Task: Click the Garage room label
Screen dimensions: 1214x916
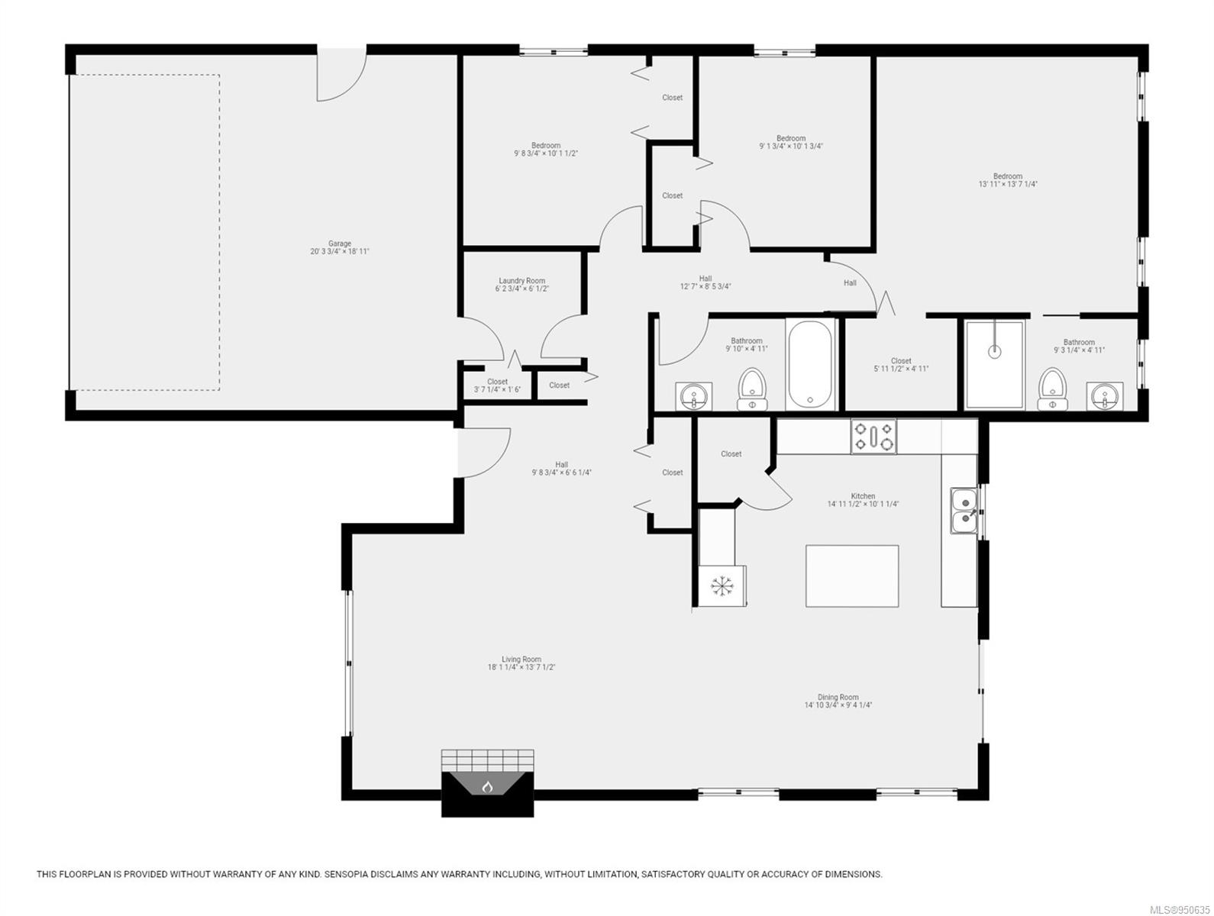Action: coord(339,244)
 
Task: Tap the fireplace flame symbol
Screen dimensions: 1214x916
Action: coord(487,787)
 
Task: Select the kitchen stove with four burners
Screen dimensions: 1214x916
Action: coord(873,436)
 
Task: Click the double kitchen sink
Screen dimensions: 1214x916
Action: coord(964,510)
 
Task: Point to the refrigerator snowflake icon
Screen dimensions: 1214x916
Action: coord(722,585)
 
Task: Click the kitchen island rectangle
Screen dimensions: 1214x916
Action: coord(852,576)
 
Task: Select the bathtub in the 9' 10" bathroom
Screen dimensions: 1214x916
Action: coord(809,365)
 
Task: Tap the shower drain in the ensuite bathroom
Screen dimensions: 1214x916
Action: coord(994,351)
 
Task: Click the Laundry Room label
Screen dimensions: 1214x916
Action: coord(521,281)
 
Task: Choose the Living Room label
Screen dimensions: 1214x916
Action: coord(521,659)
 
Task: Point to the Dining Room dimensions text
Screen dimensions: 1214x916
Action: coord(838,705)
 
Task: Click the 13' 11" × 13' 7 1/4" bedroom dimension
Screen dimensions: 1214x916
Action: coord(1008,184)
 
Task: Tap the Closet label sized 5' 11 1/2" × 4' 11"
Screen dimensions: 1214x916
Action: coord(901,360)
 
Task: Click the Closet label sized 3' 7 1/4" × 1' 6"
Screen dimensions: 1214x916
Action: coord(497,382)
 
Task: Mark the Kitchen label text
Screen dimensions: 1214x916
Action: coord(863,496)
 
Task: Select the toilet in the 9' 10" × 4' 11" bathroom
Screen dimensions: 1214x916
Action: coord(752,389)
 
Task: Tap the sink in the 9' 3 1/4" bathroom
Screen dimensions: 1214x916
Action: coord(1105,396)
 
